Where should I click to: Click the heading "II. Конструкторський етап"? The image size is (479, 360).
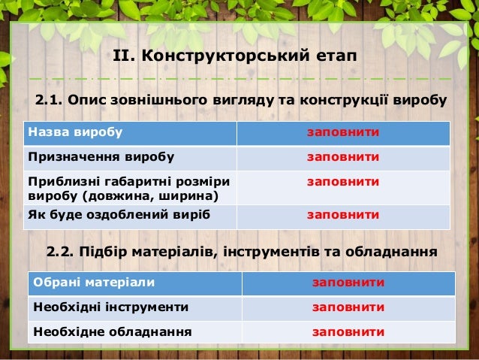coord(234,56)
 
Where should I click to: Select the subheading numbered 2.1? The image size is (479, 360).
coord(241,100)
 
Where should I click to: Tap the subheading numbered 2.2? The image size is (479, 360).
coord(241,250)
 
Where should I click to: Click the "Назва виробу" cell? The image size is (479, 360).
coord(75,133)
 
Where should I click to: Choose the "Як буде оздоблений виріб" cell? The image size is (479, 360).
coord(119,215)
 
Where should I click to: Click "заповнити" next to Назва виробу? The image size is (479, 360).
coord(343,133)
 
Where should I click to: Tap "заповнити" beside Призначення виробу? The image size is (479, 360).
coord(343,157)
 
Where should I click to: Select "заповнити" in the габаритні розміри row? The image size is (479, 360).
coord(343,181)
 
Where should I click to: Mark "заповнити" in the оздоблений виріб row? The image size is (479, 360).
coord(343,215)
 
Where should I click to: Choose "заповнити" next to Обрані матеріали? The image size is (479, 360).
coord(348,283)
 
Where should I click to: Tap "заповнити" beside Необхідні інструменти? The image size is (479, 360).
coord(348,307)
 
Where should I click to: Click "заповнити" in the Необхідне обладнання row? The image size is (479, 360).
coord(348,331)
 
